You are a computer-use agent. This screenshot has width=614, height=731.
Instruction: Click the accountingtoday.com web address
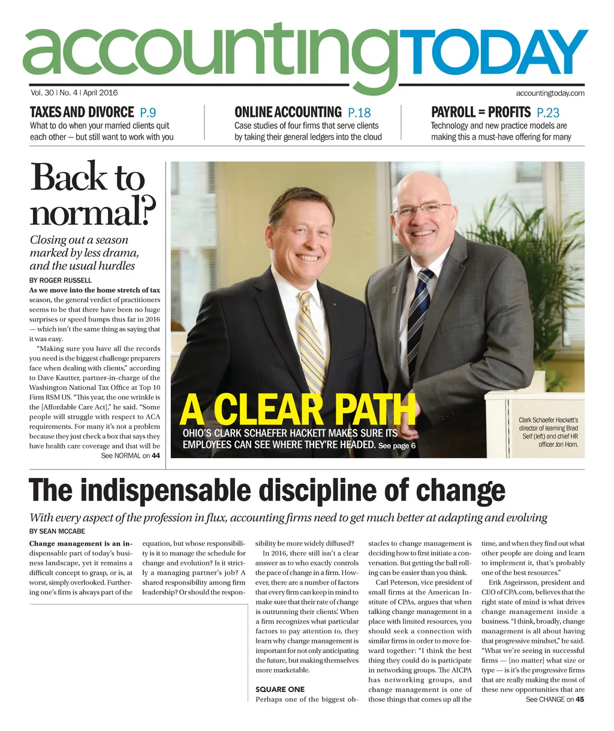click(550, 93)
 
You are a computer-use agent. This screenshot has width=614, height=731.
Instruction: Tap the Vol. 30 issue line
click(74, 93)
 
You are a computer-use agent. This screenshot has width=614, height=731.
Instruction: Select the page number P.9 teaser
click(148, 112)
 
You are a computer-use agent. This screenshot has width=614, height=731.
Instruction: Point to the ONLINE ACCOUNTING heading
click(288, 112)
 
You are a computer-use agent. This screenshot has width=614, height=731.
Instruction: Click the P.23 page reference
click(548, 112)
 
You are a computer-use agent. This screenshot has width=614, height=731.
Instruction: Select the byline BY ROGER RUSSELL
click(61, 280)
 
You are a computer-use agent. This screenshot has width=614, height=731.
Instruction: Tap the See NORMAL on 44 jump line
click(130, 456)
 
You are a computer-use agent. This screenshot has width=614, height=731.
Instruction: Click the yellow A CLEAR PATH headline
click(297, 410)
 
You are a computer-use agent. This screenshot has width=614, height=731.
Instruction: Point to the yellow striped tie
click(312, 342)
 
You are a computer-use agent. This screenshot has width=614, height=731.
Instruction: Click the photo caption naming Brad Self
click(548, 432)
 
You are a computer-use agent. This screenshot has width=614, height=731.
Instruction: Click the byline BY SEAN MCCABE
click(58, 531)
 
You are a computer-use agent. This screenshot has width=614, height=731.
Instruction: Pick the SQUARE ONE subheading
click(280, 689)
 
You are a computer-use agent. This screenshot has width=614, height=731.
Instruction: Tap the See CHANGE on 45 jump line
click(555, 699)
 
